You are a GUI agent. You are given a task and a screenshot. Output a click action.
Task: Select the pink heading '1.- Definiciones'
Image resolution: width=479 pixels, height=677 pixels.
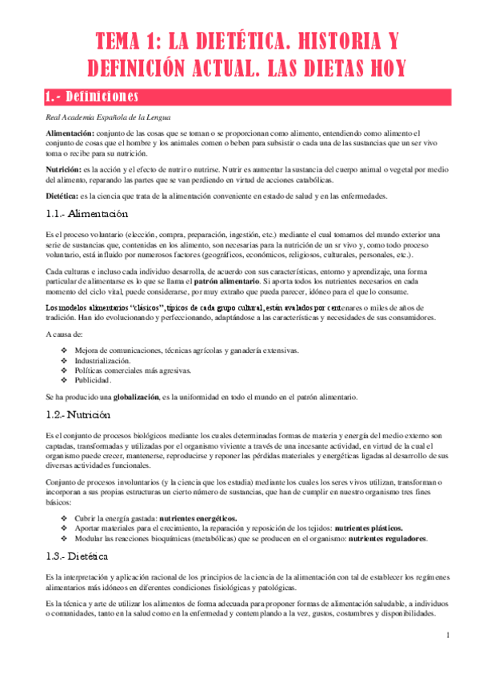93,97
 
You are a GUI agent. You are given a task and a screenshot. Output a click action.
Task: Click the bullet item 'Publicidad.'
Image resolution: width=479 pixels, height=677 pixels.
94,380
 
